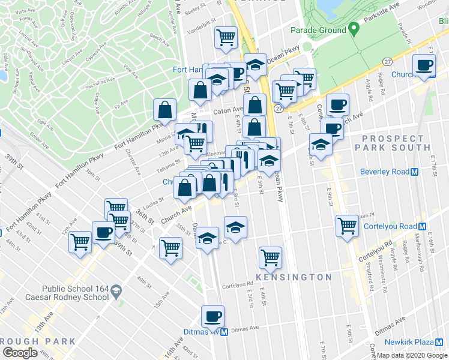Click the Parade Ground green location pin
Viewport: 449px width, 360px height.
(354, 28)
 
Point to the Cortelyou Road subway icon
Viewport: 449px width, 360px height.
(423, 226)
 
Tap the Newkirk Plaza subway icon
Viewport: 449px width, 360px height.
(440, 342)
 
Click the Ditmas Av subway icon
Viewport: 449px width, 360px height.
(223, 332)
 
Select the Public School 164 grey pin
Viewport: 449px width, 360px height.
(116, 292)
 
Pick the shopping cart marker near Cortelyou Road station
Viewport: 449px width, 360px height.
(347, 226)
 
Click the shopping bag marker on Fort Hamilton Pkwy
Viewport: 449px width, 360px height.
(164, 110)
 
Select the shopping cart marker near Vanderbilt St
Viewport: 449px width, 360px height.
(226, 37)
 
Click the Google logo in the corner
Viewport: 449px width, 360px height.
(19, 353)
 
